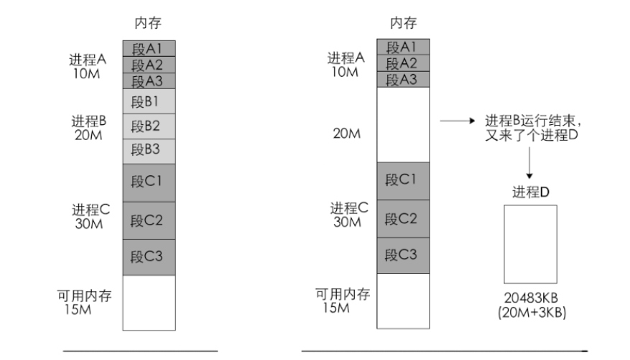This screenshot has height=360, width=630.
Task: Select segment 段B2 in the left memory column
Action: [149, 126]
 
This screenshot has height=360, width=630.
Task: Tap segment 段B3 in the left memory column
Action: [149, 151]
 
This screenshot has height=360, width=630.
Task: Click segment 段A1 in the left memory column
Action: [149, 48]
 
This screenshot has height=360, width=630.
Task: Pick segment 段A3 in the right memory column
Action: [402, 79]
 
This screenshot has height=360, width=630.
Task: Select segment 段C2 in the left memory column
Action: [149, 220]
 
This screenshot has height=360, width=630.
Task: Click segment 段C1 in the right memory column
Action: [402, 180]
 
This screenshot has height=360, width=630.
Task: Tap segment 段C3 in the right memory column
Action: [402, 254]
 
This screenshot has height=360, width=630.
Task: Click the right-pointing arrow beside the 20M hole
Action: [458, 122]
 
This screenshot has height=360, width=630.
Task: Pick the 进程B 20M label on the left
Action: [89, 127]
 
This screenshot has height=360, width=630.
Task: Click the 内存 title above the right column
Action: [403, 24]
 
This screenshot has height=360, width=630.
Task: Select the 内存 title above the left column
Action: [148, 24]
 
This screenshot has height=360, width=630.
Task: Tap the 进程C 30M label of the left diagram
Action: [90, 216]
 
